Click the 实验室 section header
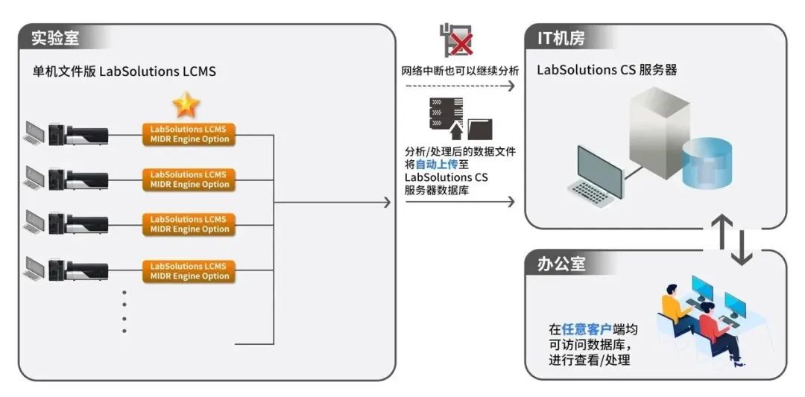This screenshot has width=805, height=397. point(56,36)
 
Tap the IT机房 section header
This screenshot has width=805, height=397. point(564,36)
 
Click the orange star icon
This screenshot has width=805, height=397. point(186,105)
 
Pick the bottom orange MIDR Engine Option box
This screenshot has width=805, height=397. point(189,271)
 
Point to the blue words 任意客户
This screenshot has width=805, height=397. point(585,328)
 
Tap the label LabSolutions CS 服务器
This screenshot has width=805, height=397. point(607,71)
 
